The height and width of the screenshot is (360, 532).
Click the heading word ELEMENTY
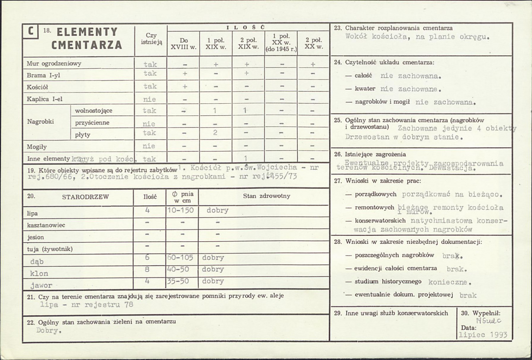(x=87, y=32)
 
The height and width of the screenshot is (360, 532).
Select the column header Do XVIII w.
(x=183, y=43)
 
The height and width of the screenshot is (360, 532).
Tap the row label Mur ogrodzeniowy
(x=54, y=63)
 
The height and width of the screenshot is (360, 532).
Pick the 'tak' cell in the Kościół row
(x=150, y=86)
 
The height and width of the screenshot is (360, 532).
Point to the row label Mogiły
(x=37, y=146)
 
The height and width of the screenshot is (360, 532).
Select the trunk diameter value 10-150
(x=181, y=210)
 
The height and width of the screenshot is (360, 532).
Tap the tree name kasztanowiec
(x=46, y=225)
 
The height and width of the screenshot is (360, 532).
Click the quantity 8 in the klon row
(x=147, y=269)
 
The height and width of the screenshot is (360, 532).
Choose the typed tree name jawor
(x=41, y=285)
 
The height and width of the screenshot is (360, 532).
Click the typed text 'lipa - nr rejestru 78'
(x=87, y=305)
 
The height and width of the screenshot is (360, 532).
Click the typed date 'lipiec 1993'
(x=483, y=335)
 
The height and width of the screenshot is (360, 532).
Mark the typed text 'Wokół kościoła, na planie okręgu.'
(x=417, y=37)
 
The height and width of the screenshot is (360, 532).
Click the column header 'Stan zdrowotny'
(x=263, y=196)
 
